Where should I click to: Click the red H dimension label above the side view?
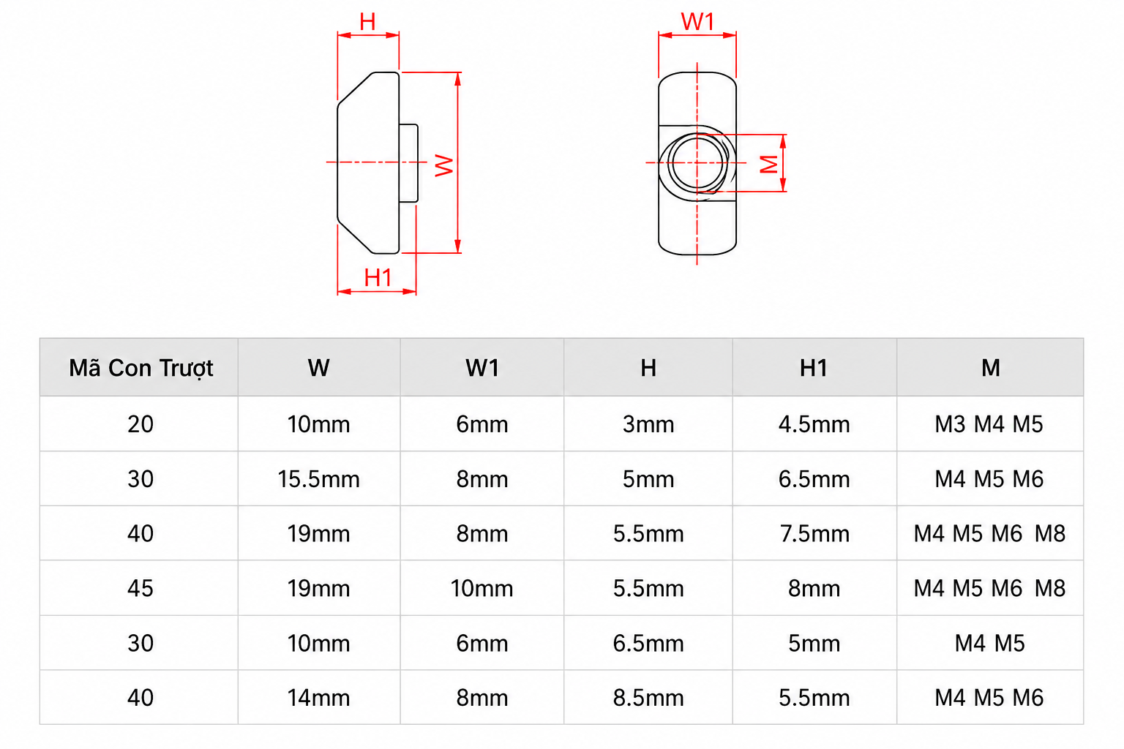pos(367,21)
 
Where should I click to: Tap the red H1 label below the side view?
pos(378,277)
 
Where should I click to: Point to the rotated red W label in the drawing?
pos(444,165)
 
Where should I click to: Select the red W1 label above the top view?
pos(697,21)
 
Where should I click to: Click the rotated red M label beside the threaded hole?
pos(769,164)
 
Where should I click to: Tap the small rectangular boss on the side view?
pos(408,163)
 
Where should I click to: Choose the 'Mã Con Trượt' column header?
pos(141,368)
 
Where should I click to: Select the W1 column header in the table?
pos(482,368)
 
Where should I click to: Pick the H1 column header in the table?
pos(814,368)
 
